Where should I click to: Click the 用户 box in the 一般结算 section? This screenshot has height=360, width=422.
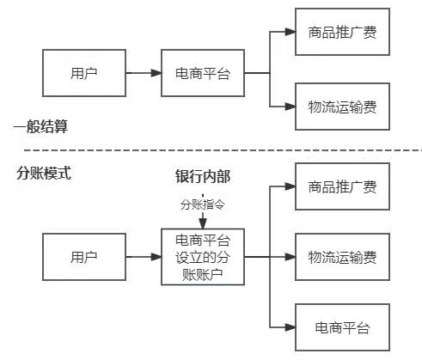[83, 72]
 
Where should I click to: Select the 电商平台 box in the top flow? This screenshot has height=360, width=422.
[203, 72]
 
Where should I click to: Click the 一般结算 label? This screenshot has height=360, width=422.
[40, 127]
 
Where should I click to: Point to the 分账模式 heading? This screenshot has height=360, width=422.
[44, 172]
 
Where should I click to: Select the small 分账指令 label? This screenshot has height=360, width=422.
[203, 206]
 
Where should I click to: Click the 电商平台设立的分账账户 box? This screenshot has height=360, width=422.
[203, 257]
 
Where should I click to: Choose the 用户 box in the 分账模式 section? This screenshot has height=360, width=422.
[83, 257]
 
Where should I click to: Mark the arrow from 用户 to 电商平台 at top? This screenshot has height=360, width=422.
[144, 72]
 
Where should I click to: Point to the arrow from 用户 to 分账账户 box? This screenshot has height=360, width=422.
[144, 257]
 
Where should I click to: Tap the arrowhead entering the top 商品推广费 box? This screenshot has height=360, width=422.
[290, 34]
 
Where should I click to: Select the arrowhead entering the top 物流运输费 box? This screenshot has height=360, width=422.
[290, 107]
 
